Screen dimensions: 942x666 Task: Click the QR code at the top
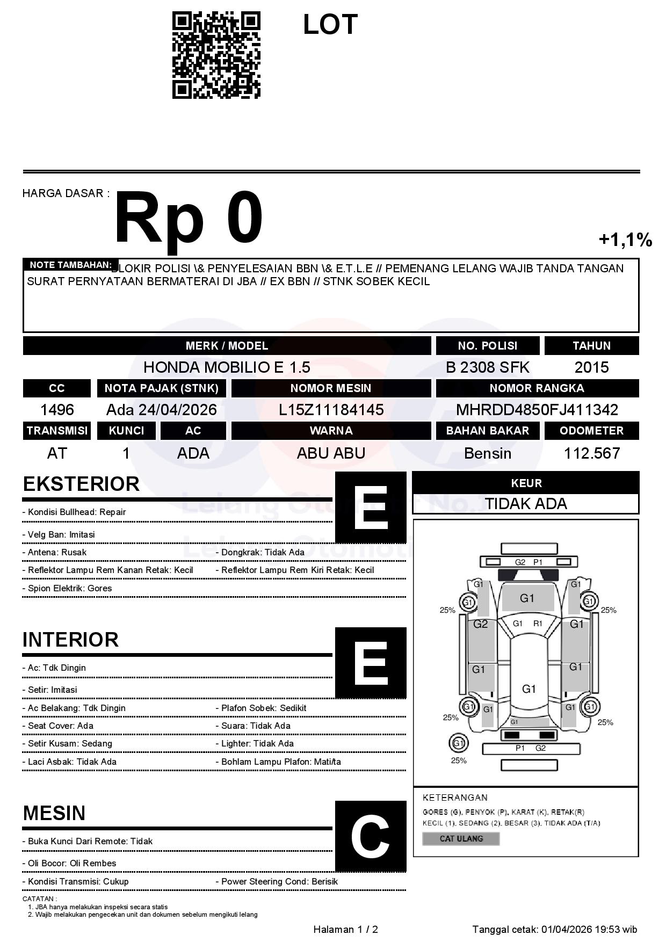coord(216,55)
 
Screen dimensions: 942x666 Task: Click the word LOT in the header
coord(330,25)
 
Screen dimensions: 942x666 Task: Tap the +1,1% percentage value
coord(625,240)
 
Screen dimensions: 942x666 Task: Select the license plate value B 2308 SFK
coord(487,367)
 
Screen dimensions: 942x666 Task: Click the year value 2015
coord(591,367)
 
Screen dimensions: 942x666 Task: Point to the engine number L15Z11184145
coord(331,410)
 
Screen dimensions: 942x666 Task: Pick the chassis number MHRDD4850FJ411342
coord(537,410)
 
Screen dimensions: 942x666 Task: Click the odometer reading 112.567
coord(591,453)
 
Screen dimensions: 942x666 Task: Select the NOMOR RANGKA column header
coord(537,388)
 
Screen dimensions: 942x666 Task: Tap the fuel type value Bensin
coord(487,453)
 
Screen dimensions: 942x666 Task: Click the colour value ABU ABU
coord(331,453)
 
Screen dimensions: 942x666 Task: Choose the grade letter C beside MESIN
coord(370,837)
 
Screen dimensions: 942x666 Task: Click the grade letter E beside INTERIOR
coord(370,663)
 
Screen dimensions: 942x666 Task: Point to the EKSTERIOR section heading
coord(81,484)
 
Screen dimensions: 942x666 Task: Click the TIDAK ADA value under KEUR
coord(526,504)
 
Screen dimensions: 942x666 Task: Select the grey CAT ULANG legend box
coord(461,838)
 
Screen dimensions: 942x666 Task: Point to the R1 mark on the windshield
coord(538,624)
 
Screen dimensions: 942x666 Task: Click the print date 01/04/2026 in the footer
coord(566,929)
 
